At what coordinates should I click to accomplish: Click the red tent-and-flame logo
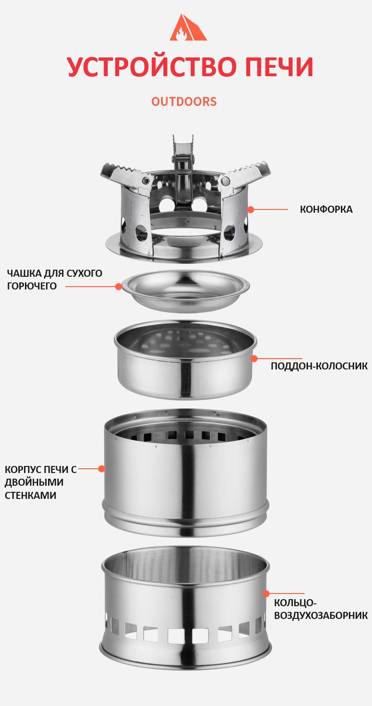188,27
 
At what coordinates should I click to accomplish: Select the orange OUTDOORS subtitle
184,102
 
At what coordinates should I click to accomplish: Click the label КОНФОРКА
326,209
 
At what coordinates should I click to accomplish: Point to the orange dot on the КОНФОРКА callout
251,209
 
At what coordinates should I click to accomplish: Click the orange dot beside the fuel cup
119,287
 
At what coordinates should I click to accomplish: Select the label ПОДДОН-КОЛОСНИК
319,366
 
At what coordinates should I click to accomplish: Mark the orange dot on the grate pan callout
254,358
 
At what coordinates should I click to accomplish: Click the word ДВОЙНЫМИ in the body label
34,482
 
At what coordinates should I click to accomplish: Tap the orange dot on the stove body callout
101,469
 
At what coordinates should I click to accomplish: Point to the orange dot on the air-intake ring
266,594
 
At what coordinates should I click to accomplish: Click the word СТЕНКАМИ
30,495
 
